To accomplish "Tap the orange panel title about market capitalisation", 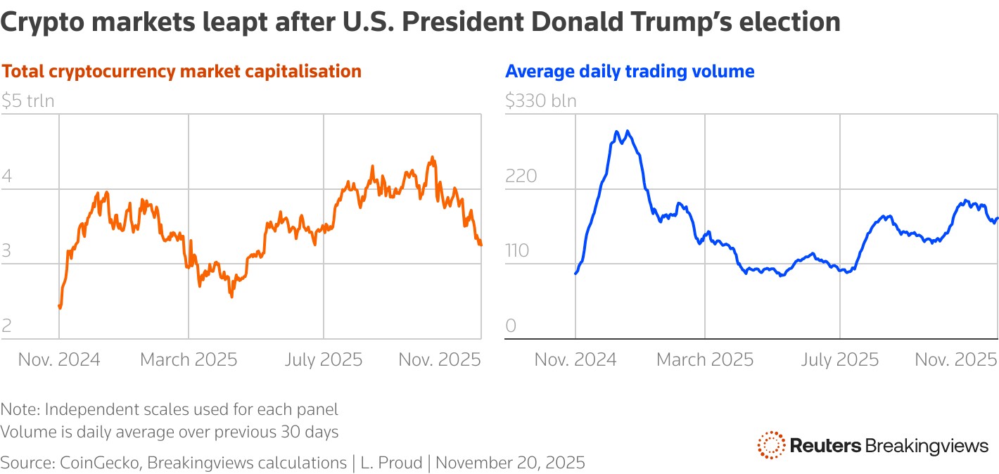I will pos(182,71).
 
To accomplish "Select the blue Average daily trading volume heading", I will pos(630,71).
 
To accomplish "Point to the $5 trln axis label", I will pos(27,101).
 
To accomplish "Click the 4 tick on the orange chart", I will pos(6,176).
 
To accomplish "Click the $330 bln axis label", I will pos(540,101).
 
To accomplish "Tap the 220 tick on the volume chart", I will pos(521,176).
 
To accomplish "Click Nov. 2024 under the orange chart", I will pos(59,360).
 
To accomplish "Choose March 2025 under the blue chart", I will pos(705,360).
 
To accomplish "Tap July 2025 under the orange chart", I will pos(324,360).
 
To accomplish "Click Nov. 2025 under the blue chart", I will pos(956,360).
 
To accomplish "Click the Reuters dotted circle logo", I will pos(771,445).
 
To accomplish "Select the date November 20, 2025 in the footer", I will pos(515,463).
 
